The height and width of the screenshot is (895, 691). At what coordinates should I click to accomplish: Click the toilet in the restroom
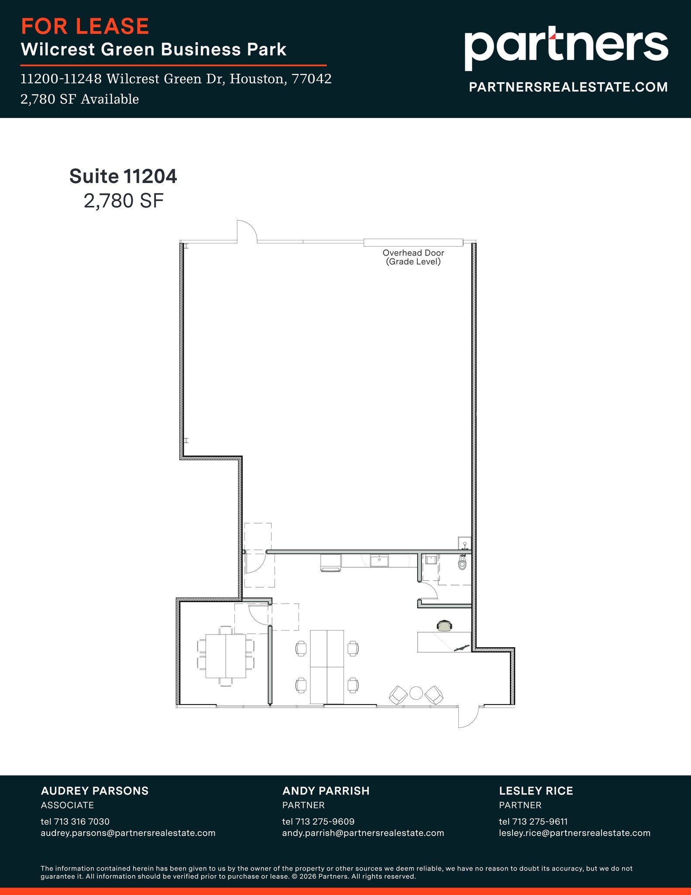463,562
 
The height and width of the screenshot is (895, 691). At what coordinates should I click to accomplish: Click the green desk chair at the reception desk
444,626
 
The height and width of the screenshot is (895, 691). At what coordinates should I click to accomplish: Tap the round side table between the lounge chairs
416,693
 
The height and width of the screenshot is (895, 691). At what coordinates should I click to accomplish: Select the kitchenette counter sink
379,561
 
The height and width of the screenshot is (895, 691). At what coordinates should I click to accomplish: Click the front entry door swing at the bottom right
468,717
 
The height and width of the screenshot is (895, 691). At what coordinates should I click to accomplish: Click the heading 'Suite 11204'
123,176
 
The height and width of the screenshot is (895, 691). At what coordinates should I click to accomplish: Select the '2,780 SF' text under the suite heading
124,201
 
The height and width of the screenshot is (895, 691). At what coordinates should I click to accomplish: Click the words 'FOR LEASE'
85,26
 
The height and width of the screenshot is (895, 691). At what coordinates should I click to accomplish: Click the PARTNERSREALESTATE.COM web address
568,87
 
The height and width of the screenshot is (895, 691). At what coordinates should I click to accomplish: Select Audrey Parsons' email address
128,833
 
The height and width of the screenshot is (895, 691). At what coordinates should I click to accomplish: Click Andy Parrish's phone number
318,822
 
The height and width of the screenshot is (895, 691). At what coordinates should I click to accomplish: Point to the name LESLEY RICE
536,791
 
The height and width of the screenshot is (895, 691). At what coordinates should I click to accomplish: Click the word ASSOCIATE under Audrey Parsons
67,805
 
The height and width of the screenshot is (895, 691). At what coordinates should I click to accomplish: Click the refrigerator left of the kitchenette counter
330,562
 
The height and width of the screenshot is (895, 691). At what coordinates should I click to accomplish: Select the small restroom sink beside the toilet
431,559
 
